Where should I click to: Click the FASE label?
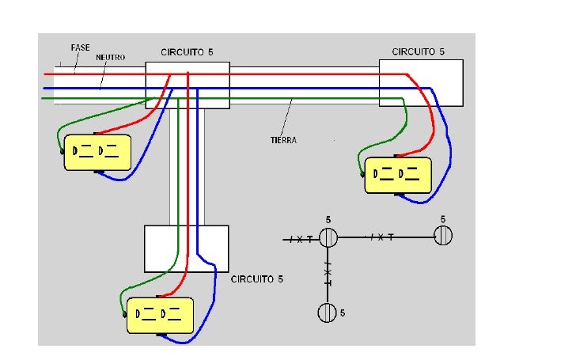click(80, 47)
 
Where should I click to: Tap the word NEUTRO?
click(110, 57)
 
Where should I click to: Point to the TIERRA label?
click(283, 140)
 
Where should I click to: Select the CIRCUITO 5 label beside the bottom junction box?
click(257, 279)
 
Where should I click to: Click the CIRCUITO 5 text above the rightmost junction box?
click(418, 51)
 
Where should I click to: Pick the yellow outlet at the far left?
click(97, 153)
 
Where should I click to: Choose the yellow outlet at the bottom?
click(160, 316)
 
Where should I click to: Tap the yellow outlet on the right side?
click(398, 175)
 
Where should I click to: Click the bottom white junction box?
click(187, 248)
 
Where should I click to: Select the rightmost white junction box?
click(421, 83)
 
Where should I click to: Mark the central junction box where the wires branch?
click(188, 85)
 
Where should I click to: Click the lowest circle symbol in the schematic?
click(327, 313)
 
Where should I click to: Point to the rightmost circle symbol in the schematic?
click(443, 236)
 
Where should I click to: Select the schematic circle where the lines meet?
click(328, 237)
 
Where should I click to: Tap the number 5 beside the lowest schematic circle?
click(343, 313)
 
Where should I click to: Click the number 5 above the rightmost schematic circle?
click(443, 219)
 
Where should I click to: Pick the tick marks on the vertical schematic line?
click(328, 274)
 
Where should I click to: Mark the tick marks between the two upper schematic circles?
click(381, 237)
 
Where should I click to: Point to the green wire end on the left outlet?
click(62, 151)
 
